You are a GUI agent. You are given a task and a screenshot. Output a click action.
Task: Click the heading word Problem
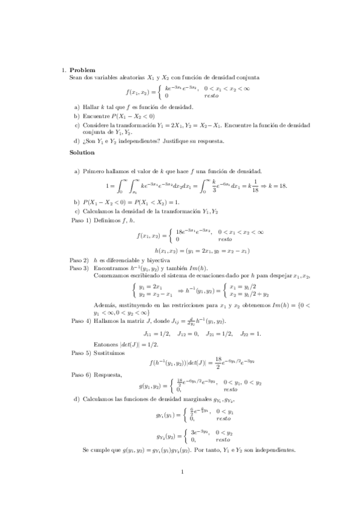pos(82,70)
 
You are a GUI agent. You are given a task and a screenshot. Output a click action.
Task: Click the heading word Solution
pos(83,153)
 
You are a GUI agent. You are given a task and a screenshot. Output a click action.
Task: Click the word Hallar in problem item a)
pos(90,106)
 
